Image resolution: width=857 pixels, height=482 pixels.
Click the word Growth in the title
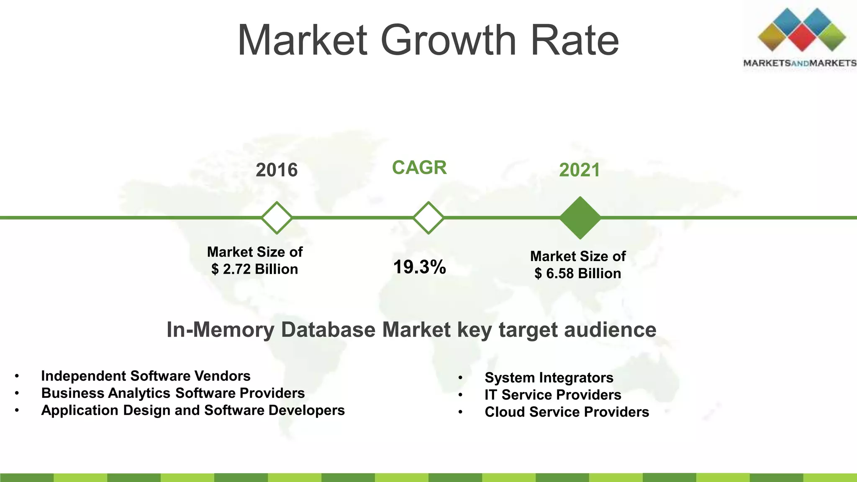pos(448,41)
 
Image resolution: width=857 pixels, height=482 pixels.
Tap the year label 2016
pos(277,170)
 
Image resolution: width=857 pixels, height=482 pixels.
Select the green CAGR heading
pos(419,168)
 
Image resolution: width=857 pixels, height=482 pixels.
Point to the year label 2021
pos(580,170)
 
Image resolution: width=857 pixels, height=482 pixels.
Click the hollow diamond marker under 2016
pos(277,218)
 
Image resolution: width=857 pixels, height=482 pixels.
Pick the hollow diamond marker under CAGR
pos(428,218)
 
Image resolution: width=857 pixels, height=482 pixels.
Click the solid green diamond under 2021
pos(580,218)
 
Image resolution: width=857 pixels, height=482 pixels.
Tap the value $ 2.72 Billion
pos(254,269)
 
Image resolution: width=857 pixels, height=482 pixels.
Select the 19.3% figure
pos(420,267)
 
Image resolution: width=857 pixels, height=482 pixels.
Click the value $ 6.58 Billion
pos(577,274)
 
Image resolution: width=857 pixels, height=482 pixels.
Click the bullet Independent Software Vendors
pos(146,376)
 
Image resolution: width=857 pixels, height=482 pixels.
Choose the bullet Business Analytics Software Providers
pos(173,393)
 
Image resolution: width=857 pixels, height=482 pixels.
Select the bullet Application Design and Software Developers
pos(193,410)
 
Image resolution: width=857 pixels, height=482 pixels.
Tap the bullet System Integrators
pos(549,377)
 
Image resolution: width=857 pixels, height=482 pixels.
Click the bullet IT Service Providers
pos(553,395)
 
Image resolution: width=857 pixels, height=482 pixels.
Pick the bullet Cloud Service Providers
pos(567,412)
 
